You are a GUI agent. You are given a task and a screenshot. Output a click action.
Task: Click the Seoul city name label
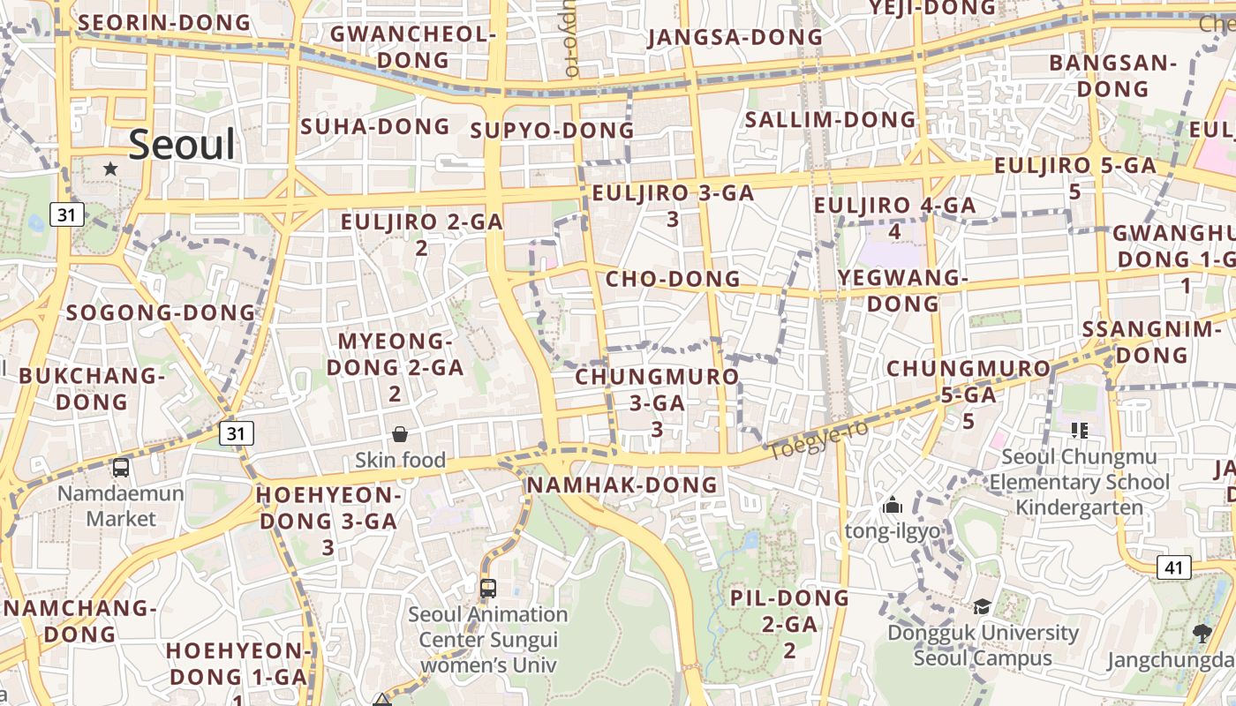tap(183, 145)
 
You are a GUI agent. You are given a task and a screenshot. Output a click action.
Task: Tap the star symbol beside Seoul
tap(110, 168)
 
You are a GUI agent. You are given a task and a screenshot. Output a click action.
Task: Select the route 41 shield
tap(1173, 567)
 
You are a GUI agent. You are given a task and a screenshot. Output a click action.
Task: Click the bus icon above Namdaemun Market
tap(121, 468)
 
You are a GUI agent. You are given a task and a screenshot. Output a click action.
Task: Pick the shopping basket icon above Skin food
tap(400, 434)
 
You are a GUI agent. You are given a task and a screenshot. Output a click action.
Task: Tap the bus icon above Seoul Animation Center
tap(487, 588)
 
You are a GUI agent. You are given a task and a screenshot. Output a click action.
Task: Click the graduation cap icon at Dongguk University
tap(982, 606)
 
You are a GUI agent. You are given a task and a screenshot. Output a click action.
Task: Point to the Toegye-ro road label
tap(818, 440)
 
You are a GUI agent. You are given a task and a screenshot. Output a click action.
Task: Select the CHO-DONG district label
tap(673, 279)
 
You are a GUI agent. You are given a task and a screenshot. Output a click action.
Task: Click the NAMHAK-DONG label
tap(622, 484)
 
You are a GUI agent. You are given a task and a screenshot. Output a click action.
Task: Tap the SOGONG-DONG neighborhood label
tap(161, 312)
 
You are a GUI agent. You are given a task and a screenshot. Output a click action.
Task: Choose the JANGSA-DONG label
tap(735, 38)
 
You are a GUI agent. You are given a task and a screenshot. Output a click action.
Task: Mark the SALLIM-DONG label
tap(831, 119)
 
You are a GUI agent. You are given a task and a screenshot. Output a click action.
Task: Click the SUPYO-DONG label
tap(553, 131)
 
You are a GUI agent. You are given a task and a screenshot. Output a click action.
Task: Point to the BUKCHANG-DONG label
tap(92, 388)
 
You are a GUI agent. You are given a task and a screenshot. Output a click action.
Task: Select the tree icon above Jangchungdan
tap(1201, 632)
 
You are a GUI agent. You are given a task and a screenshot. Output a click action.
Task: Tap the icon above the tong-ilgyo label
tap(893, 506)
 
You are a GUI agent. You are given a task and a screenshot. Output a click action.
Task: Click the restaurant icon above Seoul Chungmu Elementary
tap(1079, 431)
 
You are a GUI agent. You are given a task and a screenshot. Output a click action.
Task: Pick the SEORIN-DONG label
tap(164, 22)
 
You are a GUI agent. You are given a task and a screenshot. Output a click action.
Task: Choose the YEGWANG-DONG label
tap(902, 290)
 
